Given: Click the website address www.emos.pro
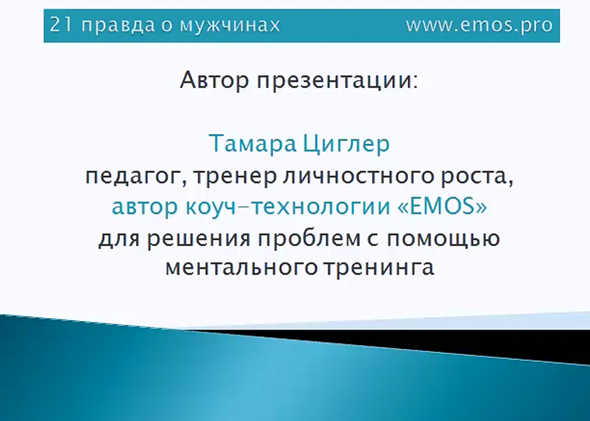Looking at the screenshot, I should pyautogui.click(x=479, y=26).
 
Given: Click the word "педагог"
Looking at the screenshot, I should pyautogui.click(x=133, y=176).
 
